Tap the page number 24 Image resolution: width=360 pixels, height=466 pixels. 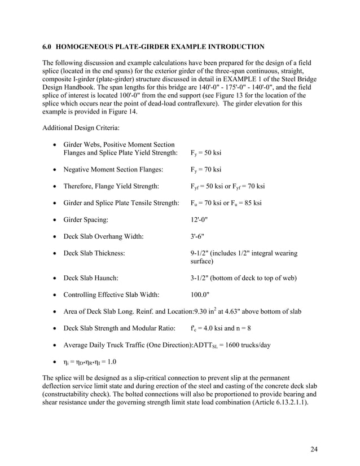point(314,449)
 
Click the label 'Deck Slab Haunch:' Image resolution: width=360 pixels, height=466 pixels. point(91,278)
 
